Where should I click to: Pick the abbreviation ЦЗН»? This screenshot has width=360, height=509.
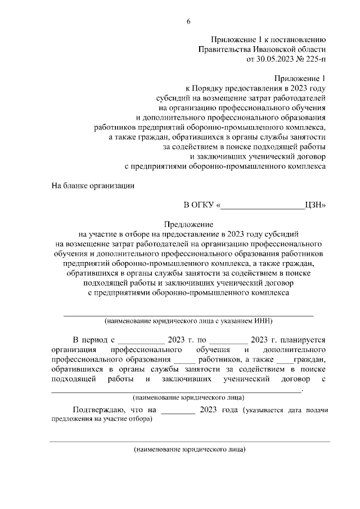tap(314, 206)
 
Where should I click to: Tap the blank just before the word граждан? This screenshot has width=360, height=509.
tap(285, 360)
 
